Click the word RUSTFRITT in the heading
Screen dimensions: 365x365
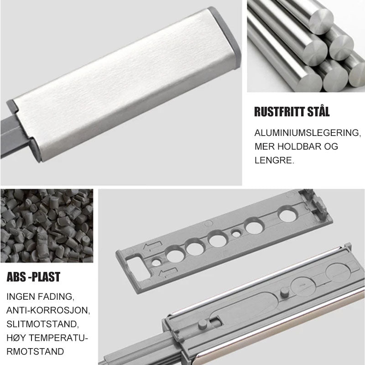click(279, 112)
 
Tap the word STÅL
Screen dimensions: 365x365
click(318, 111)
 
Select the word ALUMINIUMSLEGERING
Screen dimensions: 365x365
click(308, 133)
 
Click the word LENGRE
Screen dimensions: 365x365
click(275, 160)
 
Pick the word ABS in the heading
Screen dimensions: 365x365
click(16, 277)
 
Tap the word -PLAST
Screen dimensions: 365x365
click(44, 277)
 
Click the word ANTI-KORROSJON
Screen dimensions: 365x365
click(48, 311)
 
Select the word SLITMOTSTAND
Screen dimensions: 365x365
click(42, 324)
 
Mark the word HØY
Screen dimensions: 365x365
click(16, 338)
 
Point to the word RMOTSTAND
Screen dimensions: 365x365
click(35, 351)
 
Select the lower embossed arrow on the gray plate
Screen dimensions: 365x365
click(168, 272)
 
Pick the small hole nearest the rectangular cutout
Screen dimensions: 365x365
click(156, 262)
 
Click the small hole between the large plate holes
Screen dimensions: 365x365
click(236, 233)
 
